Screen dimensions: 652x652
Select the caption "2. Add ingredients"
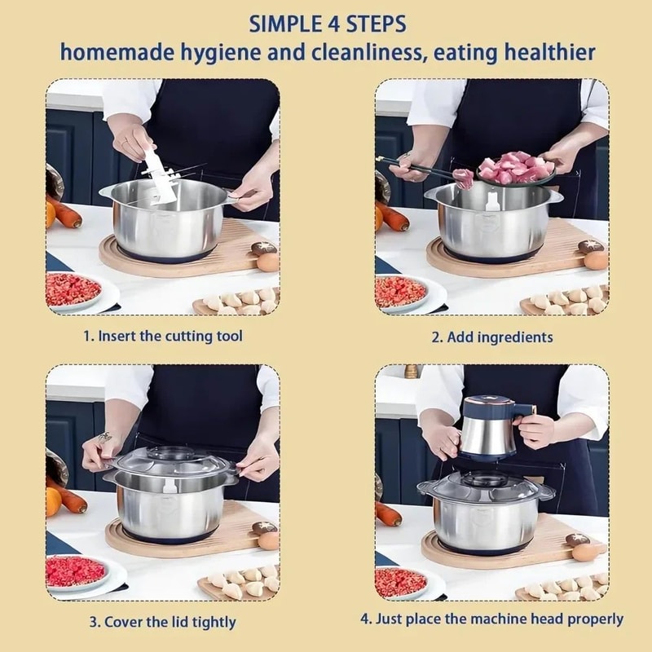[x=491, y=337]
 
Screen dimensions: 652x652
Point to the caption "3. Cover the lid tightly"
[x=163, y=622]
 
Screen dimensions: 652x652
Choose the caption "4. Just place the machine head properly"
[x=491, y=619]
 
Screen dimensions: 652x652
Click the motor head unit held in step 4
[x=489, y=428]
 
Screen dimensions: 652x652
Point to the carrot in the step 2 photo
[x=393, y=216]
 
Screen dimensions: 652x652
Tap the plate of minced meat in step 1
[x=73, y=289]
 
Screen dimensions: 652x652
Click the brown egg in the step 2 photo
[x=596, y=260]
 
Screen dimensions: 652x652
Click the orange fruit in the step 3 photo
[x=52, y=501]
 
